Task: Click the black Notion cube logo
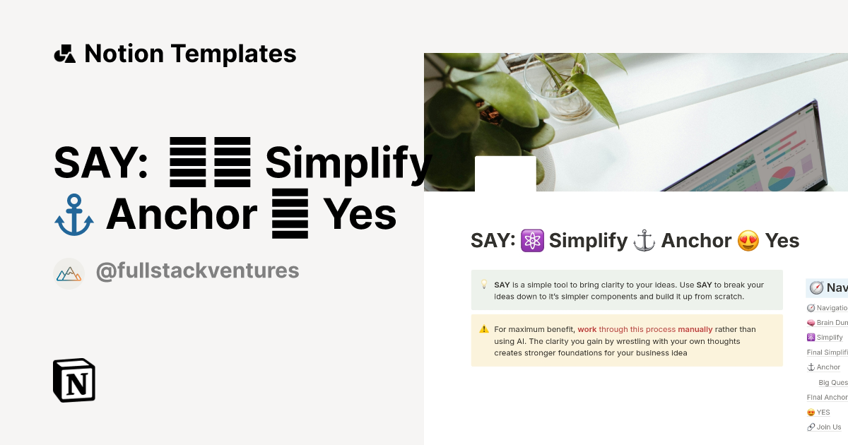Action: (74, 380)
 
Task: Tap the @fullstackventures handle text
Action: (197, 271)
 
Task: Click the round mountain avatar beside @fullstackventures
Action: (69, 273)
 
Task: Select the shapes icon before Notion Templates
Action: (64, 54)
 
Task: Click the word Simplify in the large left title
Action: (348, 163)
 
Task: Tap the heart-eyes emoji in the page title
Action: (748, 242)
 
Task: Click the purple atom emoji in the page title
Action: (531, 242)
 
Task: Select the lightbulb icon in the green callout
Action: (484, 285)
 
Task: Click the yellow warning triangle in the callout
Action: (484, 329)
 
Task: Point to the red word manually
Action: (695, 329)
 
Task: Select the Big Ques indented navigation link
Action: (832, 382)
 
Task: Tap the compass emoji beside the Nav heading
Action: (816, 287)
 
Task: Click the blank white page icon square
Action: (505, 174)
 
